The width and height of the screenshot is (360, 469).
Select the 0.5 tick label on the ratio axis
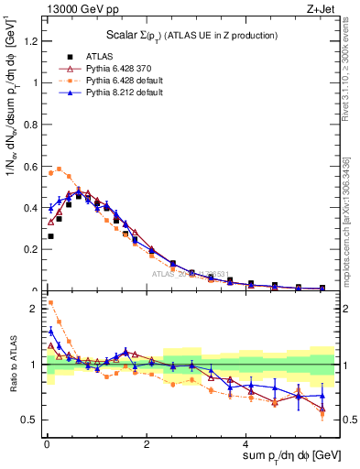click(x=31, y=420)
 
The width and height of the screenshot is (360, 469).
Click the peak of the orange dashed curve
click(x=60, y=169)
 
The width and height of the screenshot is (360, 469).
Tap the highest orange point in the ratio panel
click(x=50, y=302)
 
